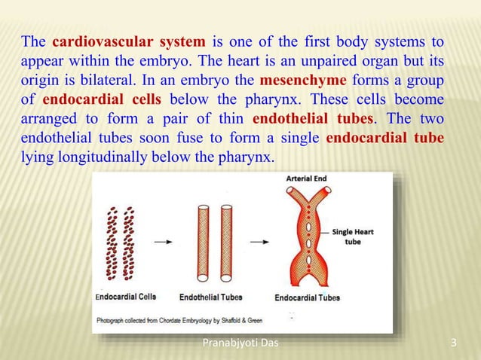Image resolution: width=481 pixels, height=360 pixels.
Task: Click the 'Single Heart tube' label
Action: [x=352, y=236]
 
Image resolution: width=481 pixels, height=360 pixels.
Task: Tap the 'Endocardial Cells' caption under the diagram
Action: [x=126, y=297]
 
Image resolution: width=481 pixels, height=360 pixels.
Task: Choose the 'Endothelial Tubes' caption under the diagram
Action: [x=211, y=297]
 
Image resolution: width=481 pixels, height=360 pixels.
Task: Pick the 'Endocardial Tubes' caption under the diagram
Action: [x=307, y=297]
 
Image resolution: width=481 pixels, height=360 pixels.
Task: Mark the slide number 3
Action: [x=453, y=345]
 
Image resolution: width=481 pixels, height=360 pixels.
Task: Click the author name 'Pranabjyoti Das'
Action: [x=240, y=345]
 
